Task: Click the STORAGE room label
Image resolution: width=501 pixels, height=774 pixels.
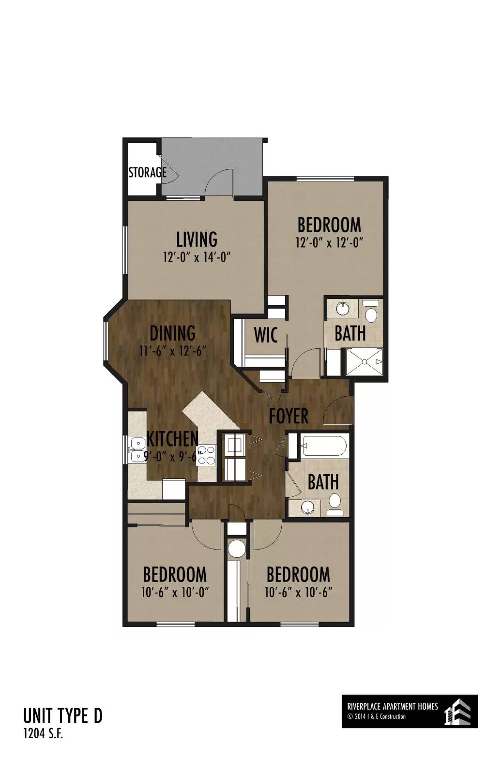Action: click(147, 172)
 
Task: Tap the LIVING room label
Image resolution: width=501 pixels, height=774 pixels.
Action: click(197, 239)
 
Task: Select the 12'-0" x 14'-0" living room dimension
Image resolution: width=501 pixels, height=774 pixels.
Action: click(197, 257)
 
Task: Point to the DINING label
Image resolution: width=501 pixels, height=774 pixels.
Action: click(172, 333)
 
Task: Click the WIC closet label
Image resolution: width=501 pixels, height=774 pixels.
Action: click(266, 335)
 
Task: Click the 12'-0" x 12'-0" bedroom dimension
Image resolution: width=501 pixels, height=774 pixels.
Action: click(329, 243)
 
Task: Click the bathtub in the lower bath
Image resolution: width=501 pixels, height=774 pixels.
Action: click(324, 446)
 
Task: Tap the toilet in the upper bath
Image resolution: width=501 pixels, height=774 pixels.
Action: click(371, 313)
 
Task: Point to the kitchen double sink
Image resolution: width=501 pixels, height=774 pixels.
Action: click(137, 449)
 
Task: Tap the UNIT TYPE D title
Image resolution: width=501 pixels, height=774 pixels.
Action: click(63, 715)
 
